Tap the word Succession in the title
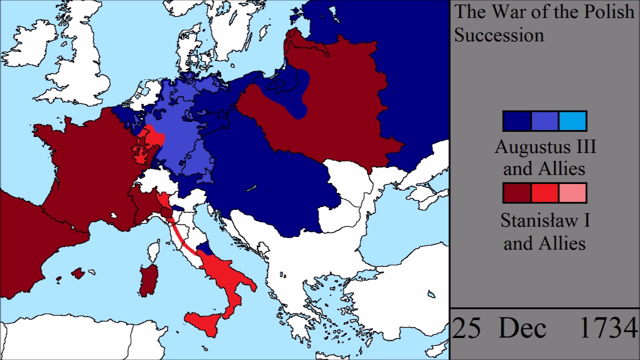click(x=498, y=35)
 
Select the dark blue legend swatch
click(x=517, y=121)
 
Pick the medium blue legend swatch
click(x=544, y=121)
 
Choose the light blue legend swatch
click(x=572, y=121)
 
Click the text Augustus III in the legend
click(x=545, y=147)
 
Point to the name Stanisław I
click(x=545, y=220)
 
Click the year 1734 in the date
click(x=608, y=329)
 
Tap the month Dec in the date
click(x=522, y=329)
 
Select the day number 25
click(x=467, y=329)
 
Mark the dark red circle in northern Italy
click(x=166, y=213)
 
